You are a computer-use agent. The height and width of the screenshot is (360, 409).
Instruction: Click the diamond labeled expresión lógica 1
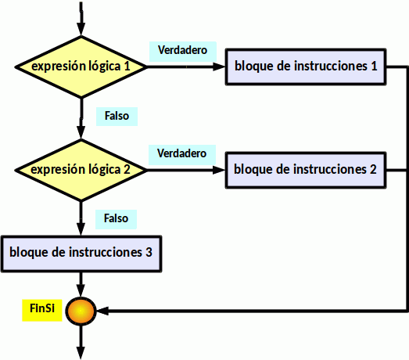pos(81,67)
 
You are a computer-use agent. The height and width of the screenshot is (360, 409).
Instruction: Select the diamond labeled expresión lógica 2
pos(81,170)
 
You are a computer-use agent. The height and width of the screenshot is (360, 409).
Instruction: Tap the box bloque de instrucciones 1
pos(306,67)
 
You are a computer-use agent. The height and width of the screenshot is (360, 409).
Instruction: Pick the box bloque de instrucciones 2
pos(306,170)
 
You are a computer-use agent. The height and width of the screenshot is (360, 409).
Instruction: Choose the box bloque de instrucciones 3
pos(81,254)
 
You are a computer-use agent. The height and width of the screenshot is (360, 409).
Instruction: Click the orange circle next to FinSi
pos(81,311)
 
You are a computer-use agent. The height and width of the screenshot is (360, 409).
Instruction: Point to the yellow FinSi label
pos(42,310)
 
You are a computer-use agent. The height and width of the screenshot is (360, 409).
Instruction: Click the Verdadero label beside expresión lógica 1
pos(183,51)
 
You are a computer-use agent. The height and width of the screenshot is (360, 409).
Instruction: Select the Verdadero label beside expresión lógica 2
pos(182,154)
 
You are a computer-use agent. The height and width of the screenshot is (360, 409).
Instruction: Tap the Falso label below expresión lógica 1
pos(117,117)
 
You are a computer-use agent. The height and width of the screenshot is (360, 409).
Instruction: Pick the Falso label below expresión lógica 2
pos(116,219)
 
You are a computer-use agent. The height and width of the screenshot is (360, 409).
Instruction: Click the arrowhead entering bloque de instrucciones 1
pos(219,67)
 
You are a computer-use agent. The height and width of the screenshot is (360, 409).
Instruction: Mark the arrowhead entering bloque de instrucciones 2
pos(219,170)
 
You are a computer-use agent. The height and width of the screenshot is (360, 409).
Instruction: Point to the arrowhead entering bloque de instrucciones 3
pos(81,229)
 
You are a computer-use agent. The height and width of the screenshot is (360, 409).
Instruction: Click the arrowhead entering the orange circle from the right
pos(102,311)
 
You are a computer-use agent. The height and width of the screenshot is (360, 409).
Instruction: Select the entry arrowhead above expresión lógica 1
pos(81,29)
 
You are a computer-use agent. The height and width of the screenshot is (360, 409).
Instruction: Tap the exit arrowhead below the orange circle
pos(81,353)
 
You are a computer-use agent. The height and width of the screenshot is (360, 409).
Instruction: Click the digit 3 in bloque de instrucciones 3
pos(149,253)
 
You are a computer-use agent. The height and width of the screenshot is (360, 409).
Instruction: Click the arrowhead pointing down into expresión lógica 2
pos(81,132)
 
